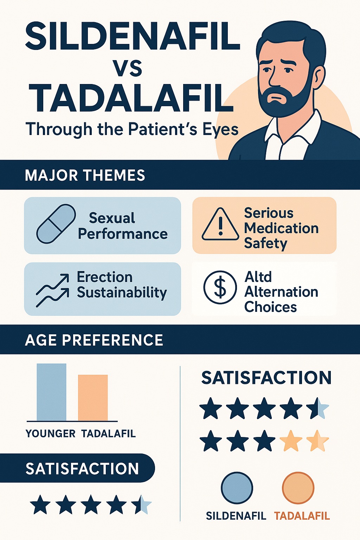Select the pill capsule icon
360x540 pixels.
coord(56,224)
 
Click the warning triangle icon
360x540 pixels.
coord(220,224)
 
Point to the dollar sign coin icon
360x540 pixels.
coord(220,287)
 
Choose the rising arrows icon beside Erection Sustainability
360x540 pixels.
coord(52,290)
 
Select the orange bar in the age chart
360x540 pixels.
coord(93,398)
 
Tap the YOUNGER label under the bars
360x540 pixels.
coord(50,434)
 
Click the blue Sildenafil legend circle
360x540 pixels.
coord(237,488)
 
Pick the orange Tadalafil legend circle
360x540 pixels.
coord(298,488)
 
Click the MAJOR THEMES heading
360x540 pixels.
coord(85,175)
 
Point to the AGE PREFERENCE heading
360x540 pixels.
coord(94,340)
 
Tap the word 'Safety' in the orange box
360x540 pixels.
coord(266,244)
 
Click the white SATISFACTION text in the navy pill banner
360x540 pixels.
coord(82,469)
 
